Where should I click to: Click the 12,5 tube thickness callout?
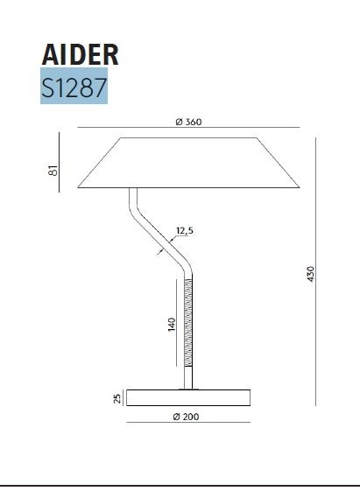184,231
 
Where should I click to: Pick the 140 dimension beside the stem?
173,325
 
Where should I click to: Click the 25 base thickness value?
116,399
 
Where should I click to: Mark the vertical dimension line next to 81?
61,162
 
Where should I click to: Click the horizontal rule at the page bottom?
180,484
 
